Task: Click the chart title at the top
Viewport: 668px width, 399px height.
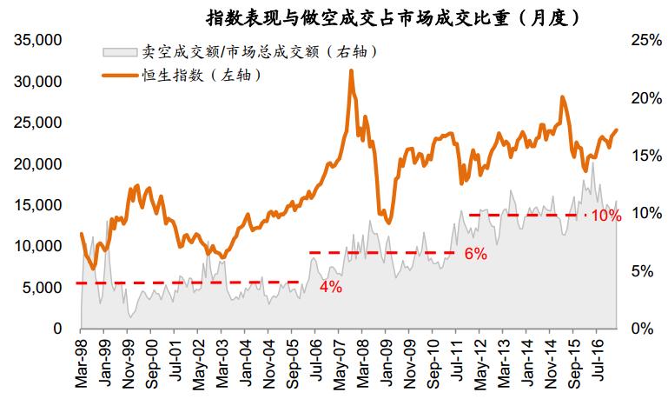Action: [393, 17]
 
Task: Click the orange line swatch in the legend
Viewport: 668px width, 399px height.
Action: [120, 76]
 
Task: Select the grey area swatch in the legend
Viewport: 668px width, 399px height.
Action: [120, 52]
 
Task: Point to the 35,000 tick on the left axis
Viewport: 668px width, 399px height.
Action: [38, 41]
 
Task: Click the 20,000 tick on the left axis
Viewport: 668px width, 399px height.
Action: [38, 164]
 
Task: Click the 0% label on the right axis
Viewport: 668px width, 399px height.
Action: [644, 329]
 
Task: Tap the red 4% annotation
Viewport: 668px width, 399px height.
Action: [330, 288]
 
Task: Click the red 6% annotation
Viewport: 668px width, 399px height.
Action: [475, 255]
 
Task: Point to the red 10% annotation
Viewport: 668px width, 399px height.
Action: [605, 216]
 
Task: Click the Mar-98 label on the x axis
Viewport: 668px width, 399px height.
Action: [81, 361]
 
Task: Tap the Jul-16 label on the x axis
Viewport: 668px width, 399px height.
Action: [599, 359]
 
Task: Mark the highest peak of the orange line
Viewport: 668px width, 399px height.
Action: [351, 71]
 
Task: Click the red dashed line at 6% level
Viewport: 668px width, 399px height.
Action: [382, 253]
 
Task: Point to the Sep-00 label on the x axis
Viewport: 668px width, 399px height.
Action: [152, 361]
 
